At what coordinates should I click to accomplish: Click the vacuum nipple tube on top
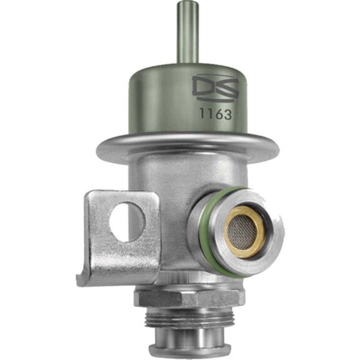click(187, 32)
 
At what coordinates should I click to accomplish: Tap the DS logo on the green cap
click(215, 90)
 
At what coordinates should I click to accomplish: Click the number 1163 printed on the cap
click(216, 113)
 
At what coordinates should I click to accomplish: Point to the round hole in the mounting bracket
click(128, 222)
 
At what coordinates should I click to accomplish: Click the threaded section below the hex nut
click(189, 318)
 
